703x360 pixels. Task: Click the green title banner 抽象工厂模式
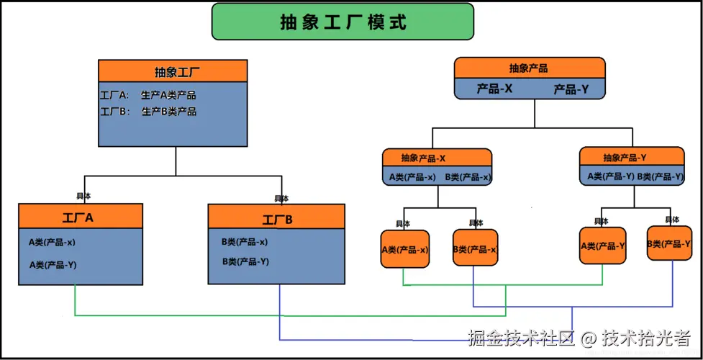[x=343, y=22]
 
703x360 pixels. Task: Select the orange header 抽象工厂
[x=173, y=71]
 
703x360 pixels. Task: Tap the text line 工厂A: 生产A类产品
[x=148, y=95]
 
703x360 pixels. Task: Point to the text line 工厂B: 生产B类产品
[x=148, y=112]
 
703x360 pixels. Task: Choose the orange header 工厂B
[x=276, y=219]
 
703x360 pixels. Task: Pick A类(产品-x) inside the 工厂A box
[x=53, y=243]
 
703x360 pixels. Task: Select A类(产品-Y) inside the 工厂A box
[x=53, y=265]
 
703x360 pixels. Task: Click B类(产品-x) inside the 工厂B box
[x=245, y=243]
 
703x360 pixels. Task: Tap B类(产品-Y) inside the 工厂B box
[x=245, y=261]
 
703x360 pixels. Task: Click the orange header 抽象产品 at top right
[x=529, y=68]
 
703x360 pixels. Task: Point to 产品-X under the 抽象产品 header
[x=494, y=89]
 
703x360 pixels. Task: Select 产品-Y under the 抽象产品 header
[x=571, y=89]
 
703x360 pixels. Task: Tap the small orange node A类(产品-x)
[x=404, y=250]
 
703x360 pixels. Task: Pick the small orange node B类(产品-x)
[x=475, y=249]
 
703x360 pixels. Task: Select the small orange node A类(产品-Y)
[x=602, y=246]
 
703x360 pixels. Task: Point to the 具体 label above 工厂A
[x=83, y=196]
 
